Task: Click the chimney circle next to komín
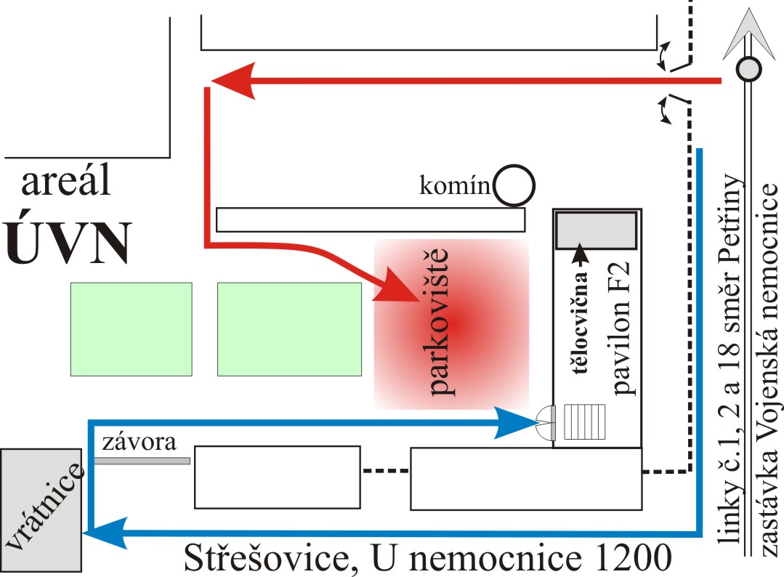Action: [x=514, y=185]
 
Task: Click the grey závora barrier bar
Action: [x=142, y=461]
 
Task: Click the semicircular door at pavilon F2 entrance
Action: [x=546, y=422]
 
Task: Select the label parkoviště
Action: [x=442, y=323]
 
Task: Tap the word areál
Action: [x=66, y=183]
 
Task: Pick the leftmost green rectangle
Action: [x=131, y=329]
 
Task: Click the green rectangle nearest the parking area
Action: [x=289, y=329]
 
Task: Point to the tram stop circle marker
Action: [x=748, y=70]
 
